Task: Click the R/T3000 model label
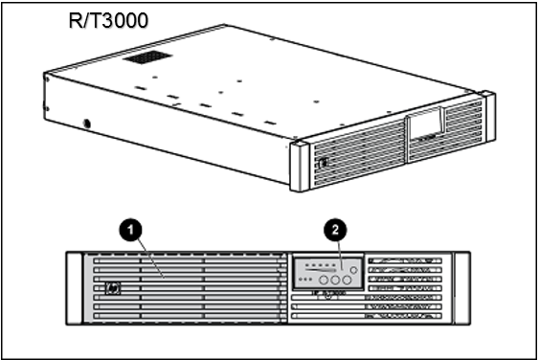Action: pyautogui.click(x=108, y=19)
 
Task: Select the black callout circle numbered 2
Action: pyautogui.click(x=334, y=230)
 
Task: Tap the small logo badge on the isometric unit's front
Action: pyautogui.click(x=323, y=164)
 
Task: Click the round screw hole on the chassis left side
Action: pyautogui.click(x=87, y=124)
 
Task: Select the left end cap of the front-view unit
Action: pyautogui.click(x=74, y=287)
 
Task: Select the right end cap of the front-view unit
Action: pyautogui.click(x=462, y=287)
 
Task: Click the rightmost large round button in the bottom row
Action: pyautogui.click(x=348, y=281)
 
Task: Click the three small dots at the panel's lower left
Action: pyautogui.click(x=304, y=280)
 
